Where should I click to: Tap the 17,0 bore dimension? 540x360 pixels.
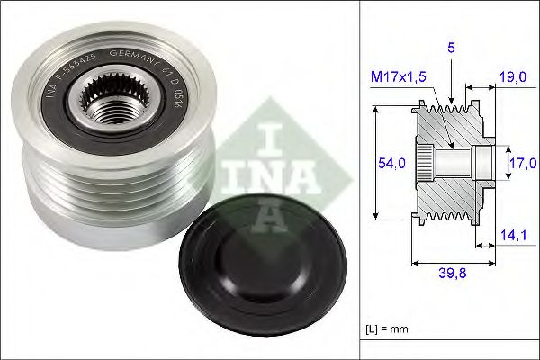pyautogui.click(x=521, y=162)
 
